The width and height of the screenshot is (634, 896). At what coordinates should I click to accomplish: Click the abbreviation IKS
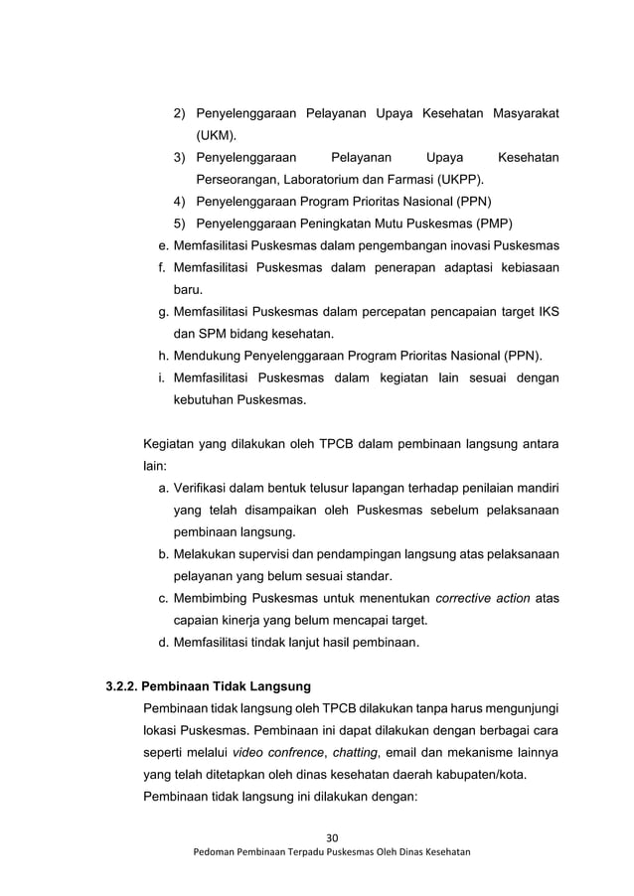[x=546, y=312]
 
